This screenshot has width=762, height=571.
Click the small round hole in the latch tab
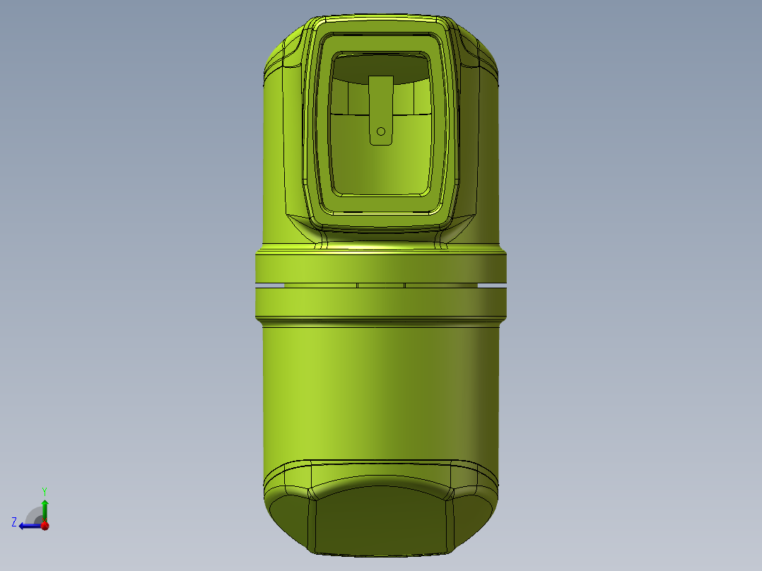click(380, 131)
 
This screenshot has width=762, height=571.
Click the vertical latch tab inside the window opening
click(380, 102)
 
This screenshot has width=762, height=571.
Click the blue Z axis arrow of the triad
click(28, 525)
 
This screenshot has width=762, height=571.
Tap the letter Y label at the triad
click(45, 490)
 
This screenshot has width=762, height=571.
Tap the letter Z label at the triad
click(14, 522)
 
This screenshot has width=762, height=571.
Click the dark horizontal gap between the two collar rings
click(382, 285)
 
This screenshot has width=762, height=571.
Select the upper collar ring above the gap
click(382, 269)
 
